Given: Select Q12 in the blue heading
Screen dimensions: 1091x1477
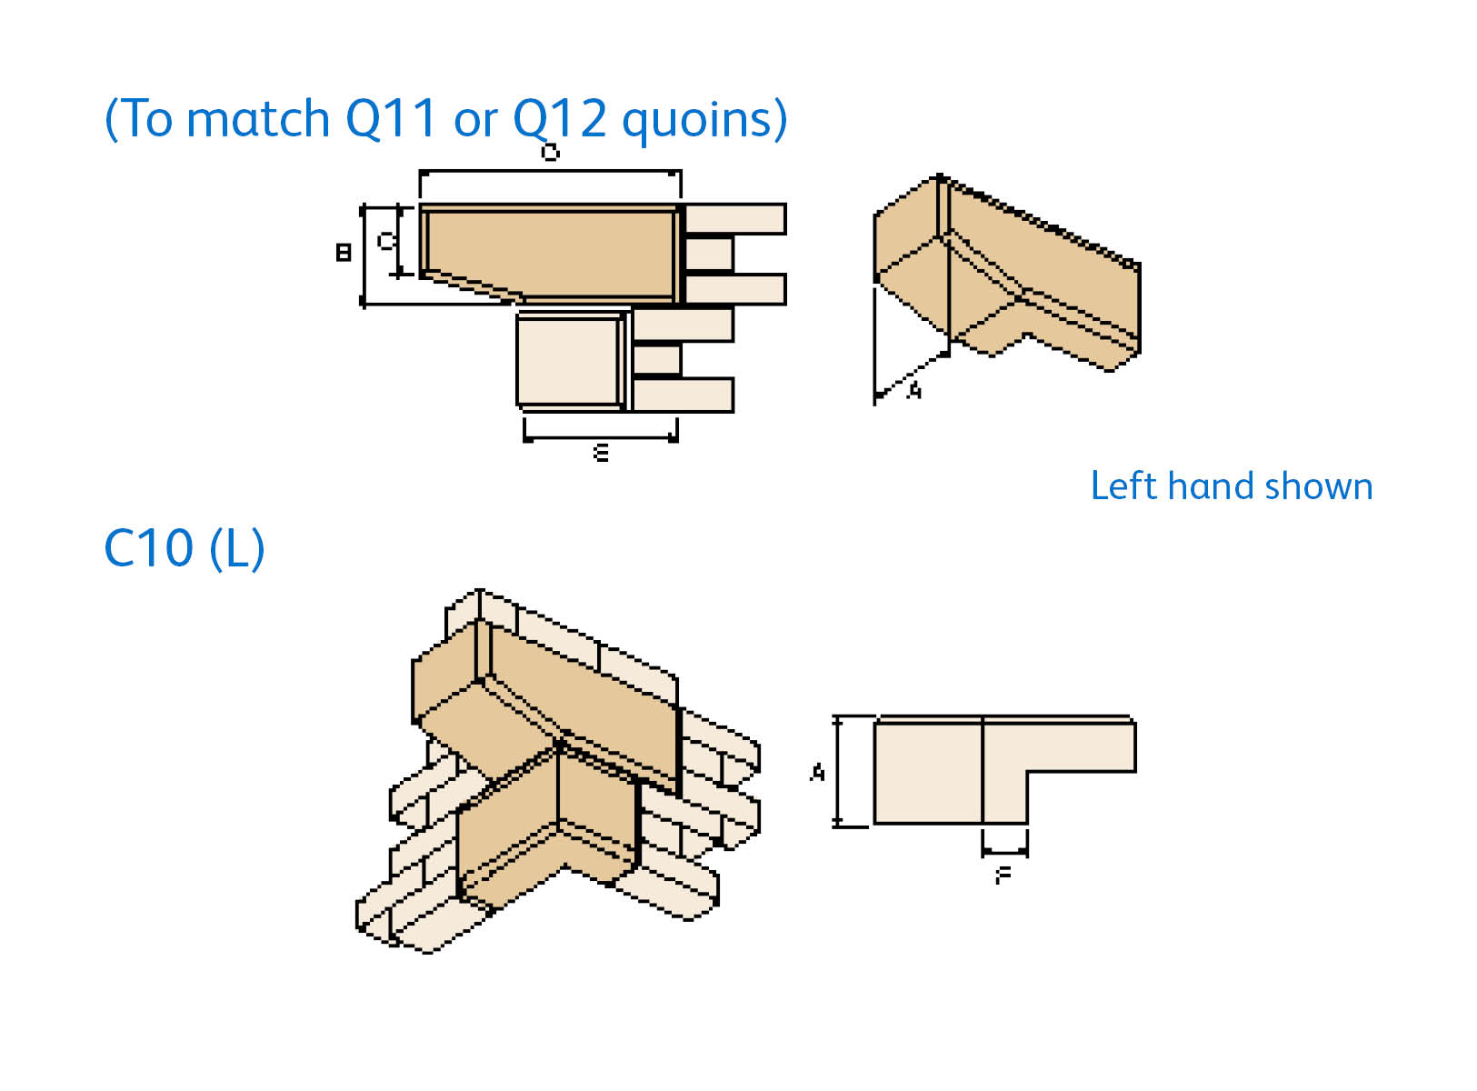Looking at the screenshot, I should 559,119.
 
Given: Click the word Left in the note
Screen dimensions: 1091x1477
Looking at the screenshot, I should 1123,486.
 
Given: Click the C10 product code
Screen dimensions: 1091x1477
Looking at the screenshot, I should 149,548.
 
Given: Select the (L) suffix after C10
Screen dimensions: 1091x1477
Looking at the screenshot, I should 237,548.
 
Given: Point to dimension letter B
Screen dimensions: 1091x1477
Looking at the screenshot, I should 344,252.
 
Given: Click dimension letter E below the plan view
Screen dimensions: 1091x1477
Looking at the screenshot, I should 601,452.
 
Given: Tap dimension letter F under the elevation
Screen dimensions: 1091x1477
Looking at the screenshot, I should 1003,876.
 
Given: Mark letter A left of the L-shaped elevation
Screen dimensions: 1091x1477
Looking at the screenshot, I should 817,773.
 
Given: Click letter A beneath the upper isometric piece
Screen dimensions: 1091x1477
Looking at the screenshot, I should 914,390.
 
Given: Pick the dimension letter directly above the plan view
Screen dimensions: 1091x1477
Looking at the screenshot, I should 550,152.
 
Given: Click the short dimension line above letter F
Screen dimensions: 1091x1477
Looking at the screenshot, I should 1004,854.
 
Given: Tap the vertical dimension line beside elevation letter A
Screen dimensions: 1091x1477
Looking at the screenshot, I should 839,771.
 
